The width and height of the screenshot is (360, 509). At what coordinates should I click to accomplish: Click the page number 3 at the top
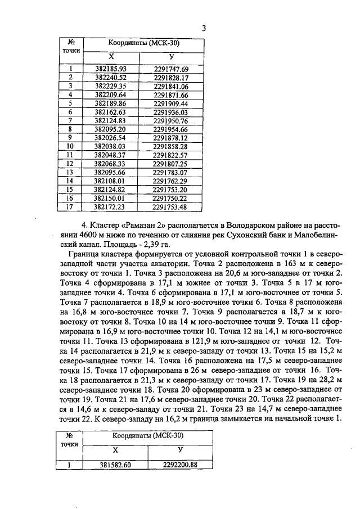pyautogui.click(x=204, y=29)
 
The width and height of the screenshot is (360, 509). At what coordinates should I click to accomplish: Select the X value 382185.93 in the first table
pyautogui.click(x=111, y=69)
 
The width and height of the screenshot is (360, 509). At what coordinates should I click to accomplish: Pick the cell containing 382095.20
pyautogui.click(x=110, y=129)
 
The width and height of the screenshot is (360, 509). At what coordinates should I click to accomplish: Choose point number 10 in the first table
pyautogui.click(x=70, y=146)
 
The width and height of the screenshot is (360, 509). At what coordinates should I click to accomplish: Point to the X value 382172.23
pyautogui.click(x=110, y=206)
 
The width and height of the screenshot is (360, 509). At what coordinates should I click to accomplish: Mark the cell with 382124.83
pyautogui.click(x=110, y=120)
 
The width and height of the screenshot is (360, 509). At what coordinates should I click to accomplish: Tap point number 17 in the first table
pyautogui.click(x=70, y=206)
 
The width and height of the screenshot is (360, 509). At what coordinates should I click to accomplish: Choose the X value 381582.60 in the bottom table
pyautogui.click(x=115, y=465)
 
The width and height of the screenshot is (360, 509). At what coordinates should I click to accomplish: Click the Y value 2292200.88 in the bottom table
pyautogui.click(x=180, y=465)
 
